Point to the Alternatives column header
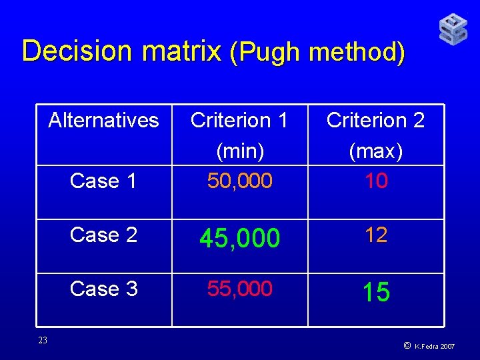104,120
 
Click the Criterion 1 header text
239,120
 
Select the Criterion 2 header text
375,120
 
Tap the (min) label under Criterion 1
239,151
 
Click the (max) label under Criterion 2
375,151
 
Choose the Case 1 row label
104,181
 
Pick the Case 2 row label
104,235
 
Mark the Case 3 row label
104,289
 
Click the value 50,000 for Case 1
239,181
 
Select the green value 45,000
239,237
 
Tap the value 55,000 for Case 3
239,289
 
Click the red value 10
376,181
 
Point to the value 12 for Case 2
376,235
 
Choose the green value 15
376,292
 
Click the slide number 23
43,341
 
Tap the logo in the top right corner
453,30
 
